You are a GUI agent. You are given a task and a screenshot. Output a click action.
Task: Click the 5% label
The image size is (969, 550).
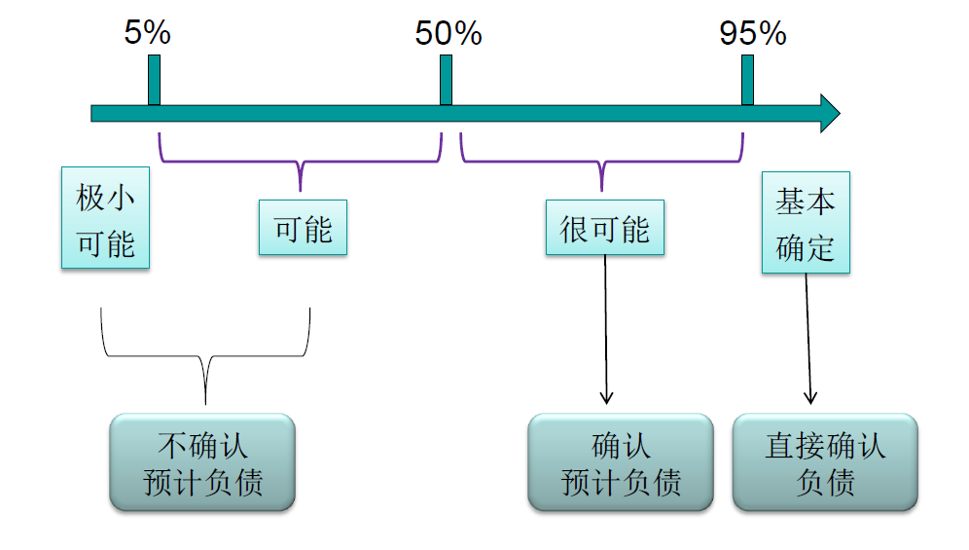(x=147, y=33)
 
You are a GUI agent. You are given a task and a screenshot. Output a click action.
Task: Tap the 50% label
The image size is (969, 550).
(x=449, y=34)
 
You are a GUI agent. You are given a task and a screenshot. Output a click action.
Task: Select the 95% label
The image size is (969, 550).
(x=752, y=34)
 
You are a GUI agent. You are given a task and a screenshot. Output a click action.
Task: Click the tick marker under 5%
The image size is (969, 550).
(x=154, y=80)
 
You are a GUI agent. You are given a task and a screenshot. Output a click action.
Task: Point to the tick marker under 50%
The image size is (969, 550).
(x=446, y=80)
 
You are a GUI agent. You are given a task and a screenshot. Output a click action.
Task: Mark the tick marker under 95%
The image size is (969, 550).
(x=747, y=80)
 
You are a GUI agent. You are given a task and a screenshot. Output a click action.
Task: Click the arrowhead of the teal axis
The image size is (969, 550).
(x=829, y=113)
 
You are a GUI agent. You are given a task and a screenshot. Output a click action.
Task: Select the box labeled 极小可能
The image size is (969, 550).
(x=105, y=218)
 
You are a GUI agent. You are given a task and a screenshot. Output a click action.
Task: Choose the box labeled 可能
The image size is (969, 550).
(x=303, y=228)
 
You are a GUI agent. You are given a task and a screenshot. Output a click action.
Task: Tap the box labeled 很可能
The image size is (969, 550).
(x=604, y=228)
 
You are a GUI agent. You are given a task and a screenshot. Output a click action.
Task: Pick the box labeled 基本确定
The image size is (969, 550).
(x=806, y=223)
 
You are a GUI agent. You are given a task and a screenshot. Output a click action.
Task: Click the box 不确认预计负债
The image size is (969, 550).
(x=202, y=462)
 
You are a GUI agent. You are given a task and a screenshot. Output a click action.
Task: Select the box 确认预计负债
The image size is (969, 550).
(x=621, y=462)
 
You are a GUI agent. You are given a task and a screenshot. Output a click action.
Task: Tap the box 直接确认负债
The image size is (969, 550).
(x=825, y=462)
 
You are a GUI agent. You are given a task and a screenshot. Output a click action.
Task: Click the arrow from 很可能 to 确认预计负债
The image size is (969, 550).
(x=606, y=331)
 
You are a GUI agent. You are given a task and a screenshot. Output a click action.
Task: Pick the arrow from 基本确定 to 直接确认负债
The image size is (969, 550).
(x=807, y=336)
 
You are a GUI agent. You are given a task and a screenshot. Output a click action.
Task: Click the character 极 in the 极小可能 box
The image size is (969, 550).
(x=91, y=200)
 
